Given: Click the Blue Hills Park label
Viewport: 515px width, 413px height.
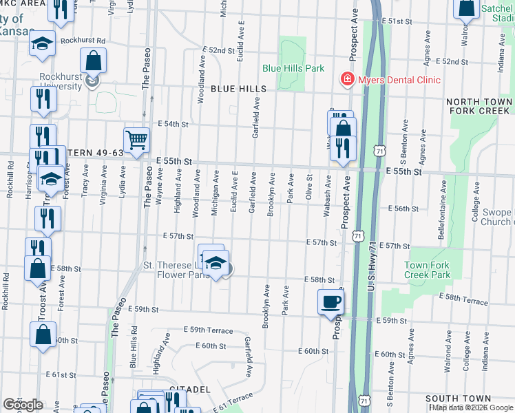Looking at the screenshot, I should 293,69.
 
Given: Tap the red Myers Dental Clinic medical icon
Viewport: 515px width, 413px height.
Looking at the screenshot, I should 348,80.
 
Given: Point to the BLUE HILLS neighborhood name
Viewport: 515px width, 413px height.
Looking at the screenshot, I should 238,89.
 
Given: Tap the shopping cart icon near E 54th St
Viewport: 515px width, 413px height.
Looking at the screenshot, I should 136,140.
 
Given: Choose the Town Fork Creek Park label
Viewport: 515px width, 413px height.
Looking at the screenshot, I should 427,270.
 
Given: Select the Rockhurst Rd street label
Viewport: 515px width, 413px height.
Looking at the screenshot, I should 82,41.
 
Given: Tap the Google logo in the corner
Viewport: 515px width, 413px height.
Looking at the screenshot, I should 23,405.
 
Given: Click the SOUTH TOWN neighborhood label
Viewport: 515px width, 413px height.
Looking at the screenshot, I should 458,399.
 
